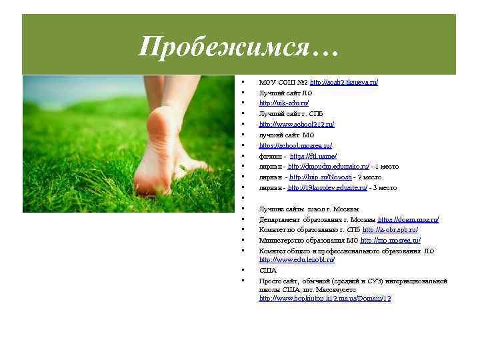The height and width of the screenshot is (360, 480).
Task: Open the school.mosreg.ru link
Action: (x=295, y=145)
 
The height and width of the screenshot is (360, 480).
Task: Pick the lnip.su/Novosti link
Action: (x=317, y=177)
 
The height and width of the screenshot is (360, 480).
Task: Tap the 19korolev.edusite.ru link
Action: (x=327, y=188)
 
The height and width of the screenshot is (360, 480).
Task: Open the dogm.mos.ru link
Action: (x=408, y=219)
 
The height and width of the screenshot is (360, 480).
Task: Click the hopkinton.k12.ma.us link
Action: (x=325, y=299)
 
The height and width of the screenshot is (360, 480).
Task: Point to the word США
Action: (x=267, y=271)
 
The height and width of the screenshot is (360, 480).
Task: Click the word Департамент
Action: (x=280, y=219)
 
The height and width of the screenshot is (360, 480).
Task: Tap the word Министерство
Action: (x=284, y=240)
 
